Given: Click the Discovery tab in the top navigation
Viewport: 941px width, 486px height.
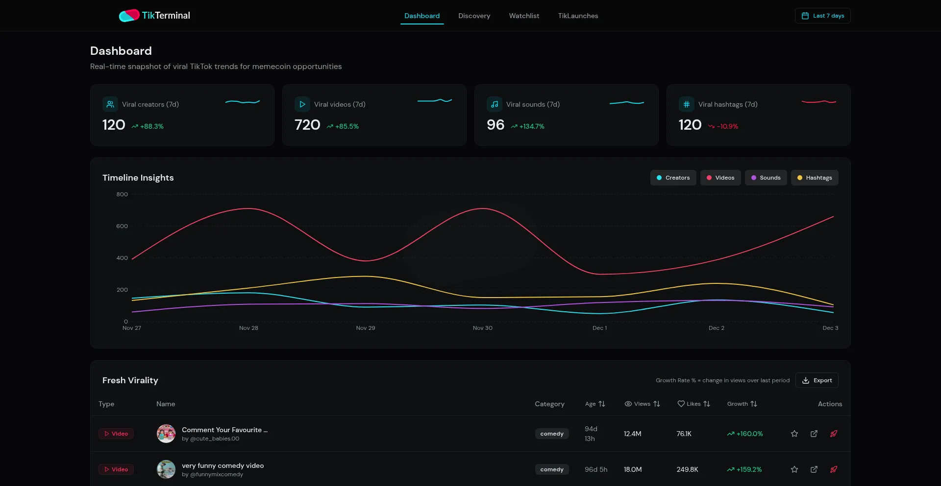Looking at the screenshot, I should [x=474, y=16].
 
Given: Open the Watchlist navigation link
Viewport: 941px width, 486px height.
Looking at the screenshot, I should [x=524, y=16].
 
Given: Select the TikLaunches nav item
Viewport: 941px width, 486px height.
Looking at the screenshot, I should [x=578, y=16].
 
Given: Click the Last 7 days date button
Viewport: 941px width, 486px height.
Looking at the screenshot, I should [x=822, y=16].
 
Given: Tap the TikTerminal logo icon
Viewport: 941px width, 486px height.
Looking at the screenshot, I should [x=129, y=16].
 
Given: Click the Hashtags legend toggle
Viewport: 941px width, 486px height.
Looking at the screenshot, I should [x=814, y=178].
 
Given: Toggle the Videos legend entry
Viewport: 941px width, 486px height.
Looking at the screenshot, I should [x=720, y=178].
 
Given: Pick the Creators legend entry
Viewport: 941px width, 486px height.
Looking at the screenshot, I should [x=673, y=178].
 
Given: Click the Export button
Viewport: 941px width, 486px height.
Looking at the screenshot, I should [x=817, y=380].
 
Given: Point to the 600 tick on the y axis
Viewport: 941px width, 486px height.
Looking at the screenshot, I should [x=122, y=226].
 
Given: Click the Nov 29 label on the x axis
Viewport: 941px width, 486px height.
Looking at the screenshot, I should [x=366, y=328].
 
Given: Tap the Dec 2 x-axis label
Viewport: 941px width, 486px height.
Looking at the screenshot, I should [x=716, y=328].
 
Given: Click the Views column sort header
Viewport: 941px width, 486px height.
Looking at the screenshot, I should [x=642, y=404].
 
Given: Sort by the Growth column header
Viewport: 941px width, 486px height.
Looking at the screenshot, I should [x=742, y=404].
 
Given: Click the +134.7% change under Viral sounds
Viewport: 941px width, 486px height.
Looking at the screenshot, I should [x=532, y=126].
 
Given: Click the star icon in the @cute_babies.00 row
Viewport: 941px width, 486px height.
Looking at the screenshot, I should [x=794, y=434].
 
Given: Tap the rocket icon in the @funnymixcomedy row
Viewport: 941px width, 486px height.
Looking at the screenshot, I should [x=833, y=469].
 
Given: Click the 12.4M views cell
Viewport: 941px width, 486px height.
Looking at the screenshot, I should [x=632, y=434].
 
